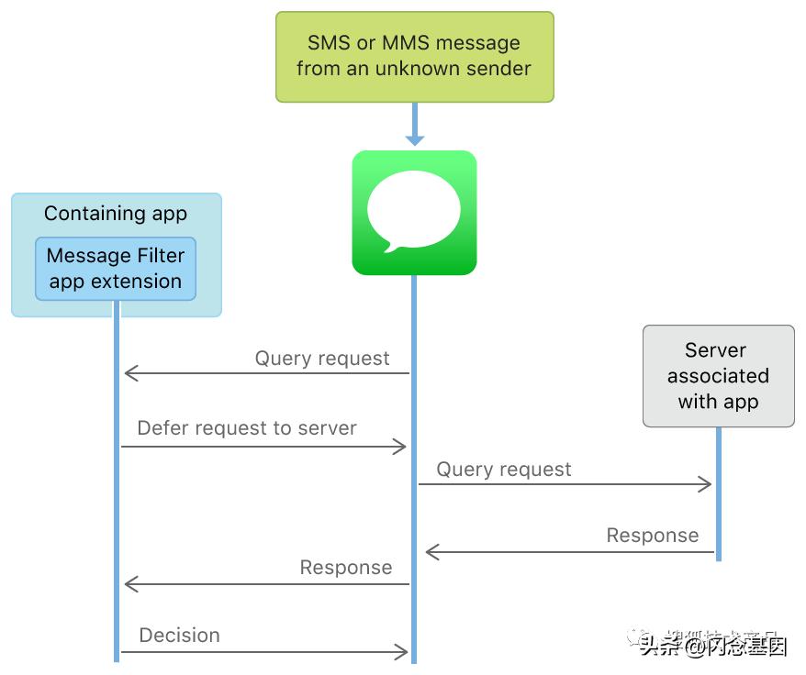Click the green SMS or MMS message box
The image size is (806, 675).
tap(415, 56)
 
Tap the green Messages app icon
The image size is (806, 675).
tap(414, 213)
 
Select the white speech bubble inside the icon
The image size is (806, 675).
tap(413, 209)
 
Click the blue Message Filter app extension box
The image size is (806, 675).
tap(116, 268)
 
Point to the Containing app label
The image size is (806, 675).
tap(116, 214)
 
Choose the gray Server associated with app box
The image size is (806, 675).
tap(718, 376)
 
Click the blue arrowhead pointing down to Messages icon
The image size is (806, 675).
tap(415, 138)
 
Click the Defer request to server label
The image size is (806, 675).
tap(247, 428)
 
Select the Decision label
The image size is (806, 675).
tap(180, 636)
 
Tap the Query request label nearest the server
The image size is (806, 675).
tap(504, 470)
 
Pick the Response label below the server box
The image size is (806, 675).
tap(653, 536)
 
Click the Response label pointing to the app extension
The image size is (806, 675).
tap(346, 568)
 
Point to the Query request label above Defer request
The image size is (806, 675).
tap(322, 359)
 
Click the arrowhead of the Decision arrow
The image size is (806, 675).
tap(400, 652)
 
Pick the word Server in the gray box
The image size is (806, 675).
tap(716, 350)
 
